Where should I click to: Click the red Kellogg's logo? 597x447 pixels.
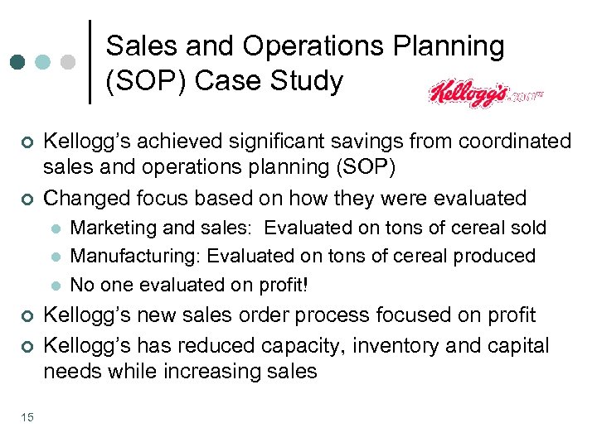coord(468,94)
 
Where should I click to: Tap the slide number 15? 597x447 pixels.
coord(27,416)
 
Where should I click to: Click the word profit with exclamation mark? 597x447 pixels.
coord(284,284)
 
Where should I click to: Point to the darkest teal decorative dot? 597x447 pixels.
coord(17,62)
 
